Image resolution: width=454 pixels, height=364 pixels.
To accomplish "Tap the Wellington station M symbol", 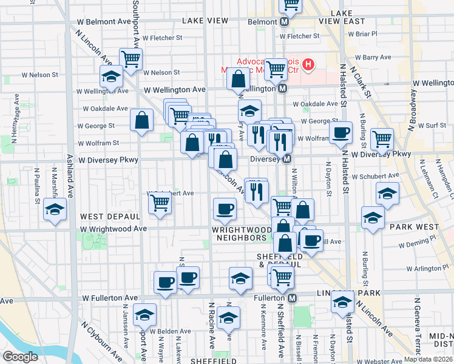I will click(x=283, y=89).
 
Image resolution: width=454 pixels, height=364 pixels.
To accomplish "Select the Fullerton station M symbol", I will click(x=293, y=298).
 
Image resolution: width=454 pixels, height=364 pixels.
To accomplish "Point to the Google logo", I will click(x=20, y=357).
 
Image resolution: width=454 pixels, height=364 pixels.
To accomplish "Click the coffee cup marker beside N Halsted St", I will click(x=340, y=132).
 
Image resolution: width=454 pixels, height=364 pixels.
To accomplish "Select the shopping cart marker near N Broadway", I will click(x=382, y=138).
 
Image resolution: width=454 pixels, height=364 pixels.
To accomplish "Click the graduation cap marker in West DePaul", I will click(x=55, y=210).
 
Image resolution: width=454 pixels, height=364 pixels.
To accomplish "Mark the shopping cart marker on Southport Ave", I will click(x=130, y=59).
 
